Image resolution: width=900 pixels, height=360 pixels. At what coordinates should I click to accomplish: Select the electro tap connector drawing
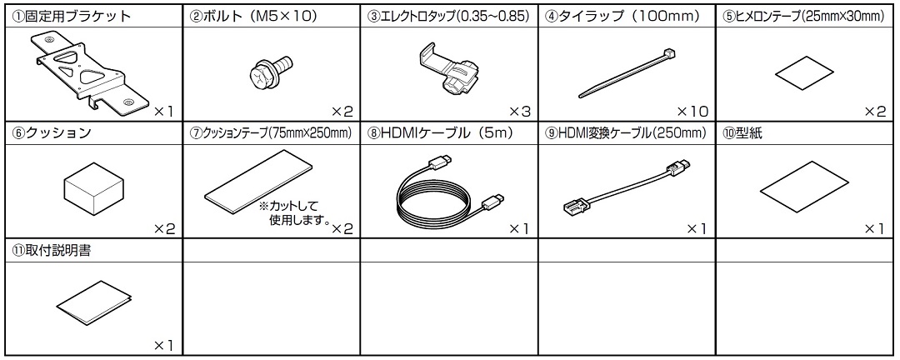point(451,72)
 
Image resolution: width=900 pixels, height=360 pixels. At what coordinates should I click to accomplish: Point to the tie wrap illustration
point(627,73)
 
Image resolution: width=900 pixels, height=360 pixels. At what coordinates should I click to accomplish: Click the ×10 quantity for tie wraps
point(692,111)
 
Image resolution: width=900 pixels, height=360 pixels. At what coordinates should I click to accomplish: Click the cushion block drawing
point(93,187)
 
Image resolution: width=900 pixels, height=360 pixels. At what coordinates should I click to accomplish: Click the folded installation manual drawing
point(93,302)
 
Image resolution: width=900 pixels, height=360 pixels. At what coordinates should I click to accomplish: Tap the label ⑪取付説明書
point(51,251)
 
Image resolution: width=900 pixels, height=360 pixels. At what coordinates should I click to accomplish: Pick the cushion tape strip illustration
point(258,180)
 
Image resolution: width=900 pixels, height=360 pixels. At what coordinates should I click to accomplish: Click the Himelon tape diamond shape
point(804,72)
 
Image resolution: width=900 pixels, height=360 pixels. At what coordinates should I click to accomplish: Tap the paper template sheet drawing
point(803,189)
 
